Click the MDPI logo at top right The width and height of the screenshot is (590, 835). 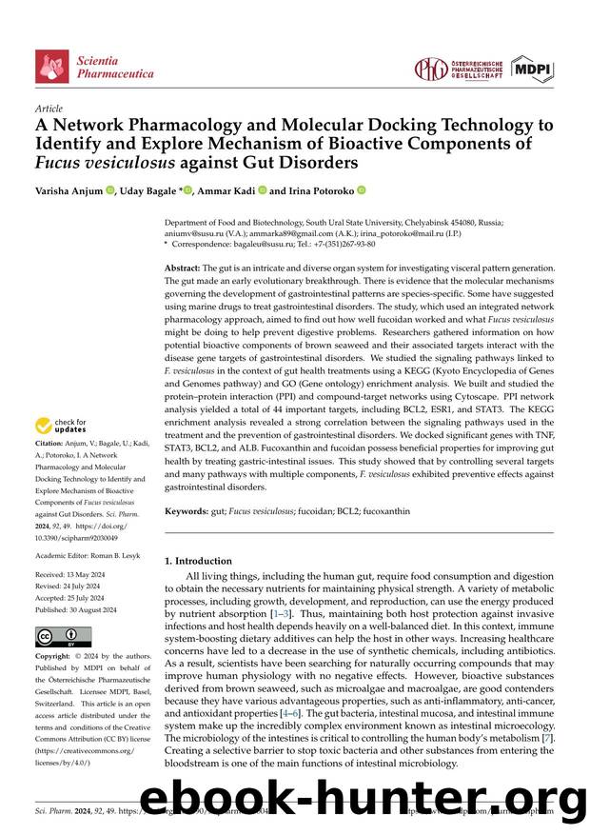(x=533, y=69)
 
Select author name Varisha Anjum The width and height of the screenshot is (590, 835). (x=69, y=190)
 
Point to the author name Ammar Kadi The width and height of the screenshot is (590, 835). (x=233, y=190)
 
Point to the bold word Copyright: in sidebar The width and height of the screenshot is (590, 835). (x=57, y=658)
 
